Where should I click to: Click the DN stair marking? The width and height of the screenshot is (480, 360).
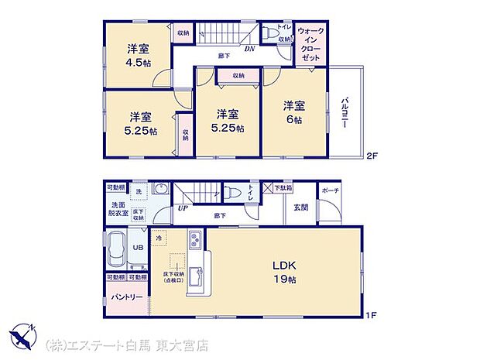[x=250, y=50]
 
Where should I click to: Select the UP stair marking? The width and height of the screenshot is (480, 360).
[x=183, y=208]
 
